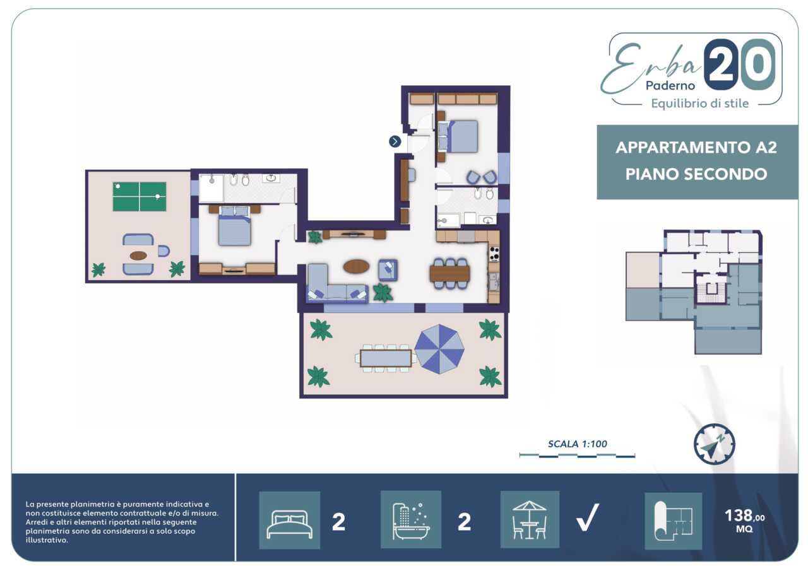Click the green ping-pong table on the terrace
click(x=140, y=196)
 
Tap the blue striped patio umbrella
click(x=439, y=349)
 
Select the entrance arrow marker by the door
click(x=395, y=141)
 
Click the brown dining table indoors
click(x=449, y=273)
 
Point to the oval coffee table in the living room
click(x=356, y=267)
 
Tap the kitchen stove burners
click(x=494, y=254)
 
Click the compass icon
click(x=714, y=444)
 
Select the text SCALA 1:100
click(x=578, y=444)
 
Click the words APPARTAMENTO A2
click(x=696, y=148)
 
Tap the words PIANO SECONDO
click(x=696, y=174)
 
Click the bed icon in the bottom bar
click(x=290, y=520)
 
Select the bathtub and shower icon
click(x=411, y=520)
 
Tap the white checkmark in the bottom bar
click(x=588, y=517)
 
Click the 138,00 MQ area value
click(x=744, y=520)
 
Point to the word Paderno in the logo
click(x=670, y=85)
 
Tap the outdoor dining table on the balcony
click(x=386, y=358)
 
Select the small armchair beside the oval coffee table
click(x=388, y=270)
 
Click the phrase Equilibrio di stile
click(x=700, y=103)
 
